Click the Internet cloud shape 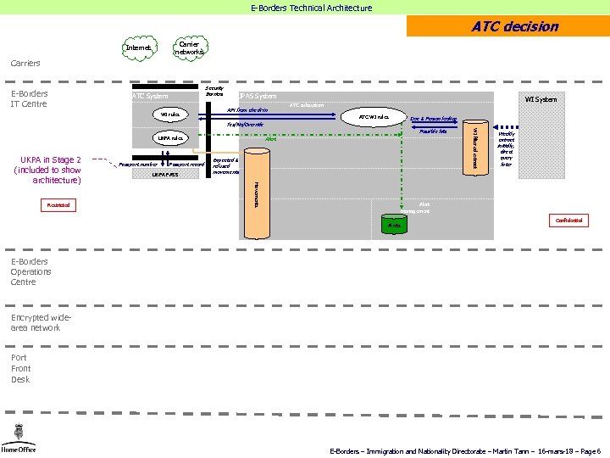[x=139, y=48]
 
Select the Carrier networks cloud [x=189, y=48]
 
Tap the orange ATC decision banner [x=507, y=26]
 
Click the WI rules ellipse [x=170, y=114]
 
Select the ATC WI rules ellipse [x=373, y=117]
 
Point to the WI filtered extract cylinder [x=475, y=146]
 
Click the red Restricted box [x=59, y=205]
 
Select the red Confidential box [x=568, y=221]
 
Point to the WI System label [x=541, y=100]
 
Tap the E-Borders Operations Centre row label [x=31, y=271]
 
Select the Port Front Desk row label [x=21, y=368]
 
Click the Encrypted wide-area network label [x=36, y=322]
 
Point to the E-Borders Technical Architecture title [x=311, y=8]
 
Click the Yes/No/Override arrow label [x=245, y=125]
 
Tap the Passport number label [x=138, y=164]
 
